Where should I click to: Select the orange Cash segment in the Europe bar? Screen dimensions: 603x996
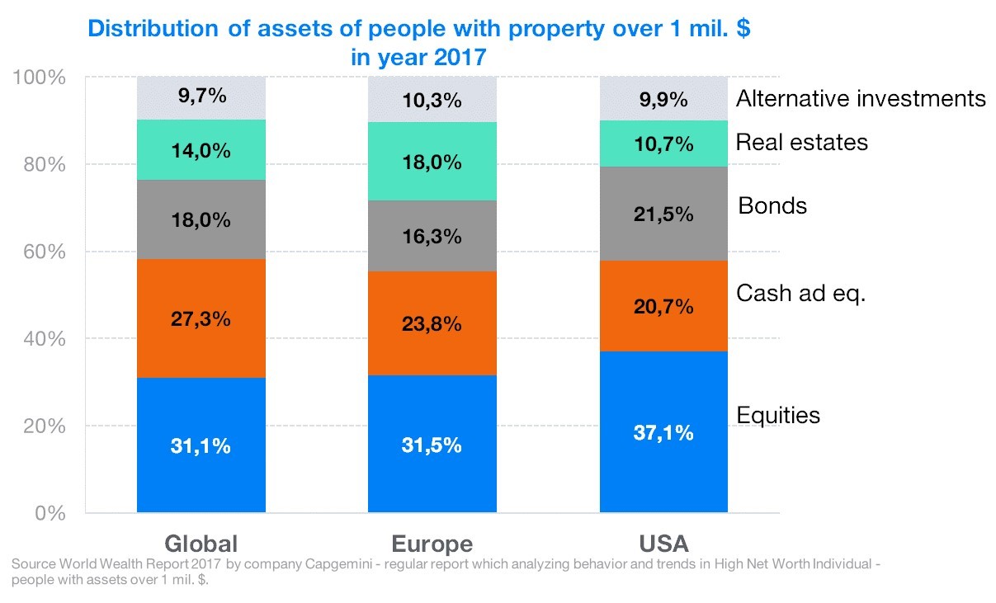(x=432, y=323)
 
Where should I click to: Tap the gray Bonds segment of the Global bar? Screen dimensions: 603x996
(x=201, y=219)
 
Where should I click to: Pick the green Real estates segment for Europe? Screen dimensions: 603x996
(x=432, y=162)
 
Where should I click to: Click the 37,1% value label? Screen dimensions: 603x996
(x=664, y=432)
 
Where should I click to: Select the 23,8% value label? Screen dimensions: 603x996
(x=432, y=323)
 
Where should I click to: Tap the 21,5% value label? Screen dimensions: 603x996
(x=664, y=214)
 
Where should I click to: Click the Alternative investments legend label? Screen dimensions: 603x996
(x=861, y=99)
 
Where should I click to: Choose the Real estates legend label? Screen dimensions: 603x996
(x=801, y=143)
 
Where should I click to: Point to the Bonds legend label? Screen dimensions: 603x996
(x=772, y=205)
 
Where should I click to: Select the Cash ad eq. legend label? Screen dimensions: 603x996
(x=800, y=294)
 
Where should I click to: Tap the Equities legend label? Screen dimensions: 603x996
(x=778, y=414)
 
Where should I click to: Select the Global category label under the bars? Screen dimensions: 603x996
(x=201, y=544)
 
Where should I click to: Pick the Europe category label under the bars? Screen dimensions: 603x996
(x=432, y=544)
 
